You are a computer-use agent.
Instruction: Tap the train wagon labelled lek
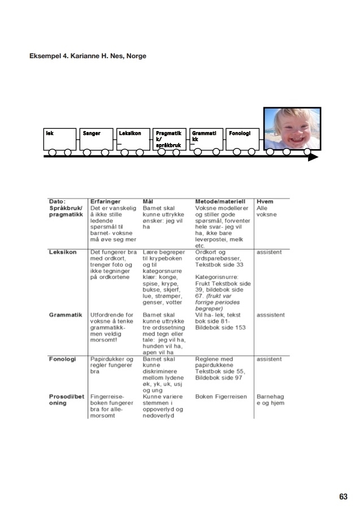click(x=59, y=139)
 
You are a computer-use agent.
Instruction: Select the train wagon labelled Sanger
click(x=96, y=139)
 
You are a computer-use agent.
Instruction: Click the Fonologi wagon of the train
click(x=243, y=139)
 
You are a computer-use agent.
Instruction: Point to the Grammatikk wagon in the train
click(x=206, y=139)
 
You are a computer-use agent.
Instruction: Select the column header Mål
click(x=148, y=201)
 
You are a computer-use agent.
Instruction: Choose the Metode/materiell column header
click(x=220, y=201)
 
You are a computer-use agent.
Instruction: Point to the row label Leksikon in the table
click(x=63, y=252)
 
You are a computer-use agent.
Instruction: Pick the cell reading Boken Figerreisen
click(x=221, y=397)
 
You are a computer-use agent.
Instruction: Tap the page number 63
click(x=342, y=497)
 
